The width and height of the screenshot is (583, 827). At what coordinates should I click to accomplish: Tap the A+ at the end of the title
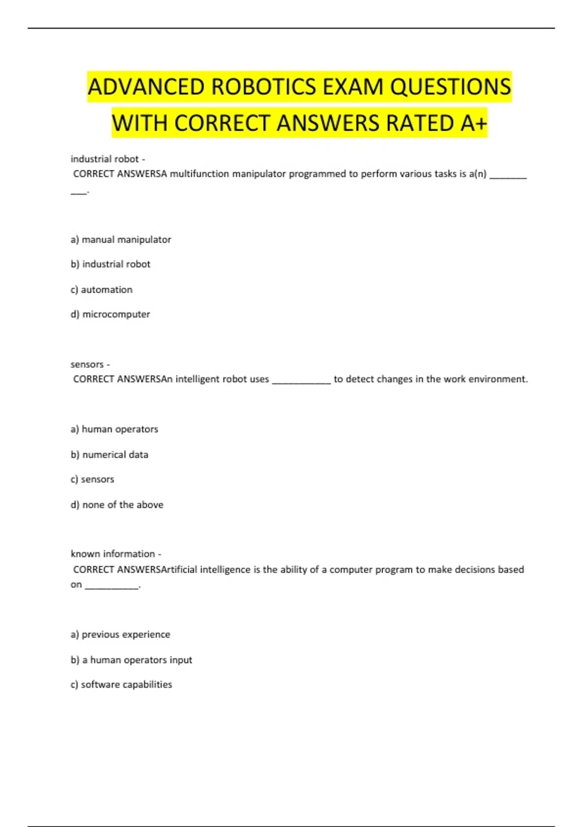(473, 123)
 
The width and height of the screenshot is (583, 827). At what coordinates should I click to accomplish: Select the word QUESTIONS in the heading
(450, 87)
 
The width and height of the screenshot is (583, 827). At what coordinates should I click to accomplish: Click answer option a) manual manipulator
(121, 239)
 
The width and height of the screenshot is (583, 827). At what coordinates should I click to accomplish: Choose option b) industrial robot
(111, 264)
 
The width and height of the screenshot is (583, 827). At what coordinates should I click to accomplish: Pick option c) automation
(102, 289)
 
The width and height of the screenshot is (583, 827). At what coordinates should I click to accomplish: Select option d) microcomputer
(110, 314)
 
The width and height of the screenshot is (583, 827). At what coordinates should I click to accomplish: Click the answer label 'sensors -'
(90, 364)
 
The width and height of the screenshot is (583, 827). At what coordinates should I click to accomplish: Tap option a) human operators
(114, 429)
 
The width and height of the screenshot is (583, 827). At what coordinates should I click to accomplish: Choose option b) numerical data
(109, 454)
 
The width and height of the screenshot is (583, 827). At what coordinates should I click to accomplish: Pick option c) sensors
(92, 479)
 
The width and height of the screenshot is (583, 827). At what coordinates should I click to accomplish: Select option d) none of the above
(117, 504)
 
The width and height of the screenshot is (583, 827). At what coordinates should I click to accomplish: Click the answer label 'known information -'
(116, 554)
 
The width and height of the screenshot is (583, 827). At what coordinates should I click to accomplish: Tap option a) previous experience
(120, 634)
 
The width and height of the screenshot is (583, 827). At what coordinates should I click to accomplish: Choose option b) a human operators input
(131, 660)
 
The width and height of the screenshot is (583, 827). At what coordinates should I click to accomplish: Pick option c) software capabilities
(121, 684)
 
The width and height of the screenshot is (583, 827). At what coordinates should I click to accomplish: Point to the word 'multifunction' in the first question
(199, 174)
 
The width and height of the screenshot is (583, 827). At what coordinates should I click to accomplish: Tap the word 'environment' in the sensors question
(498, 379)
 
